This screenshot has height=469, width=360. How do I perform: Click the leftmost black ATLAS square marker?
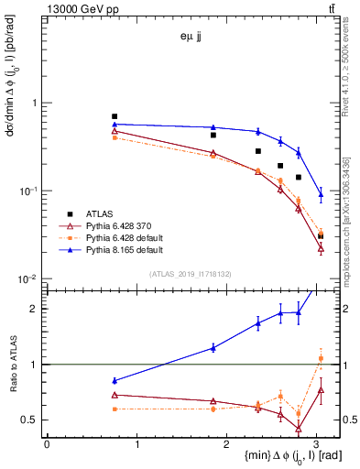(x=115, y=116)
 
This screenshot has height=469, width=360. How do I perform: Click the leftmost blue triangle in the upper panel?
(x=115, y=124)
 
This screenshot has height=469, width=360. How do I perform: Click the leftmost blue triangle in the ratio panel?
(x=115, y=380)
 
